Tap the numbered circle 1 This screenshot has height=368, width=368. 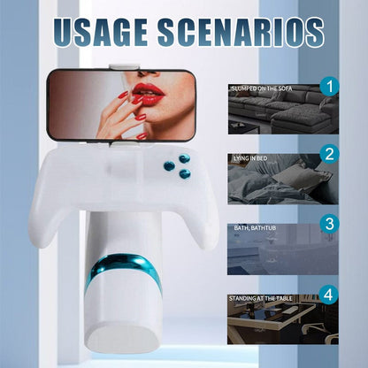coord(329,86)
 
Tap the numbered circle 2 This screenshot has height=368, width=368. coord(329,154)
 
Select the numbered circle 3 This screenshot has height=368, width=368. coord(329,223)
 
